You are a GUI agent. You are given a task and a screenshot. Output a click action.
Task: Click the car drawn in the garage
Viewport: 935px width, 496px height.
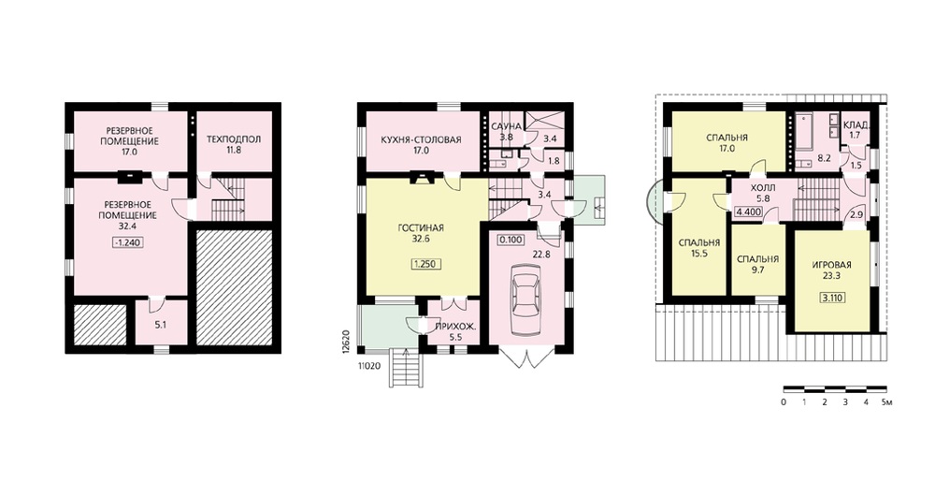[x=525, y=296]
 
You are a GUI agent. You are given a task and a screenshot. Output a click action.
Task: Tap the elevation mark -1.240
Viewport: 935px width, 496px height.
[x=127, y=242]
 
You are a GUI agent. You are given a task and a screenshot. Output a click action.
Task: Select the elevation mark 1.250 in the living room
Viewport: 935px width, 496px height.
[x=426, y=264]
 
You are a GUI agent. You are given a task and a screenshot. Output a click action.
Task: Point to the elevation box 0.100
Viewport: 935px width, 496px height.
[x=511, y=240]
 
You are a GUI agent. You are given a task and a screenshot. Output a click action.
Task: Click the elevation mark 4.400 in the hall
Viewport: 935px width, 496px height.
[x=749, y=212]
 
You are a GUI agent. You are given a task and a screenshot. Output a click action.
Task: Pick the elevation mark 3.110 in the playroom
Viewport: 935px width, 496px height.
[x=832, y=298]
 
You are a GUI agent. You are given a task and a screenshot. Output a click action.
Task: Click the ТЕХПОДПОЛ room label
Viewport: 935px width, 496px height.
[x=234, y=139]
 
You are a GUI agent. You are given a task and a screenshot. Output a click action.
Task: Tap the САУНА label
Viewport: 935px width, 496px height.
[x=506, y=126]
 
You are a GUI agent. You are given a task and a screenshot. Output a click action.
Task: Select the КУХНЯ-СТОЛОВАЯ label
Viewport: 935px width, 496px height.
[x=421, y=140]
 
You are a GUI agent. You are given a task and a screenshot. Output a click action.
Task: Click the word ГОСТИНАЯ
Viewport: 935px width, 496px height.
[x=421, y=228]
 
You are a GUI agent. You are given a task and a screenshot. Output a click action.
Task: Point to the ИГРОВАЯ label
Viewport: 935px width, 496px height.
[x=832, y=265]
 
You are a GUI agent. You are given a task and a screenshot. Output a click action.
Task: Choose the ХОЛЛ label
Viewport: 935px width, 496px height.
[x=763, y=188]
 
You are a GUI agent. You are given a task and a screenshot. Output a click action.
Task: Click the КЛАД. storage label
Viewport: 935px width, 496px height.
[x=856, y=125]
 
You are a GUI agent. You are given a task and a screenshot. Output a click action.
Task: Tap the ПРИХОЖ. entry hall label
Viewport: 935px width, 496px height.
[x=455, y=327]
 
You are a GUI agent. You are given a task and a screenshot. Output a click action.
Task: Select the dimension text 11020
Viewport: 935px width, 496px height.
[x=369, y=367]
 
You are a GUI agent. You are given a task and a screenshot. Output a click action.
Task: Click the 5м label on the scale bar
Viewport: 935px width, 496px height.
[x=886, y=402]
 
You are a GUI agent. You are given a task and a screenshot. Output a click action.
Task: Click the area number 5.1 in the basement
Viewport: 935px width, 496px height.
[x=161, y=326]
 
